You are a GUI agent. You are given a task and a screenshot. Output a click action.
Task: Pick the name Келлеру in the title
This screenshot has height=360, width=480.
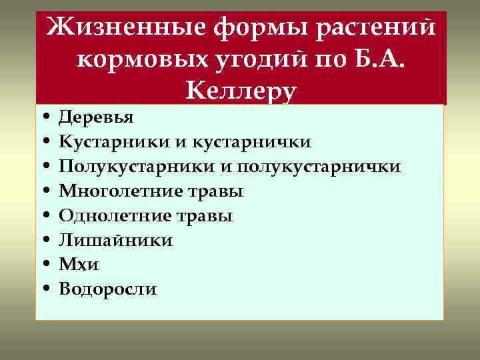click(x=240, y=90)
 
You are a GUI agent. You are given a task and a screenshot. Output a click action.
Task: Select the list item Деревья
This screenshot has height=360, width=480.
click(x=96, y=118)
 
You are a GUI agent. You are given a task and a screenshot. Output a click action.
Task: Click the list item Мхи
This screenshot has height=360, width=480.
click(x=79, y=265)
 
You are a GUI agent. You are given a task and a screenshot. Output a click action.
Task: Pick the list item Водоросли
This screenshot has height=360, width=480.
click(x=108, y=289)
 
